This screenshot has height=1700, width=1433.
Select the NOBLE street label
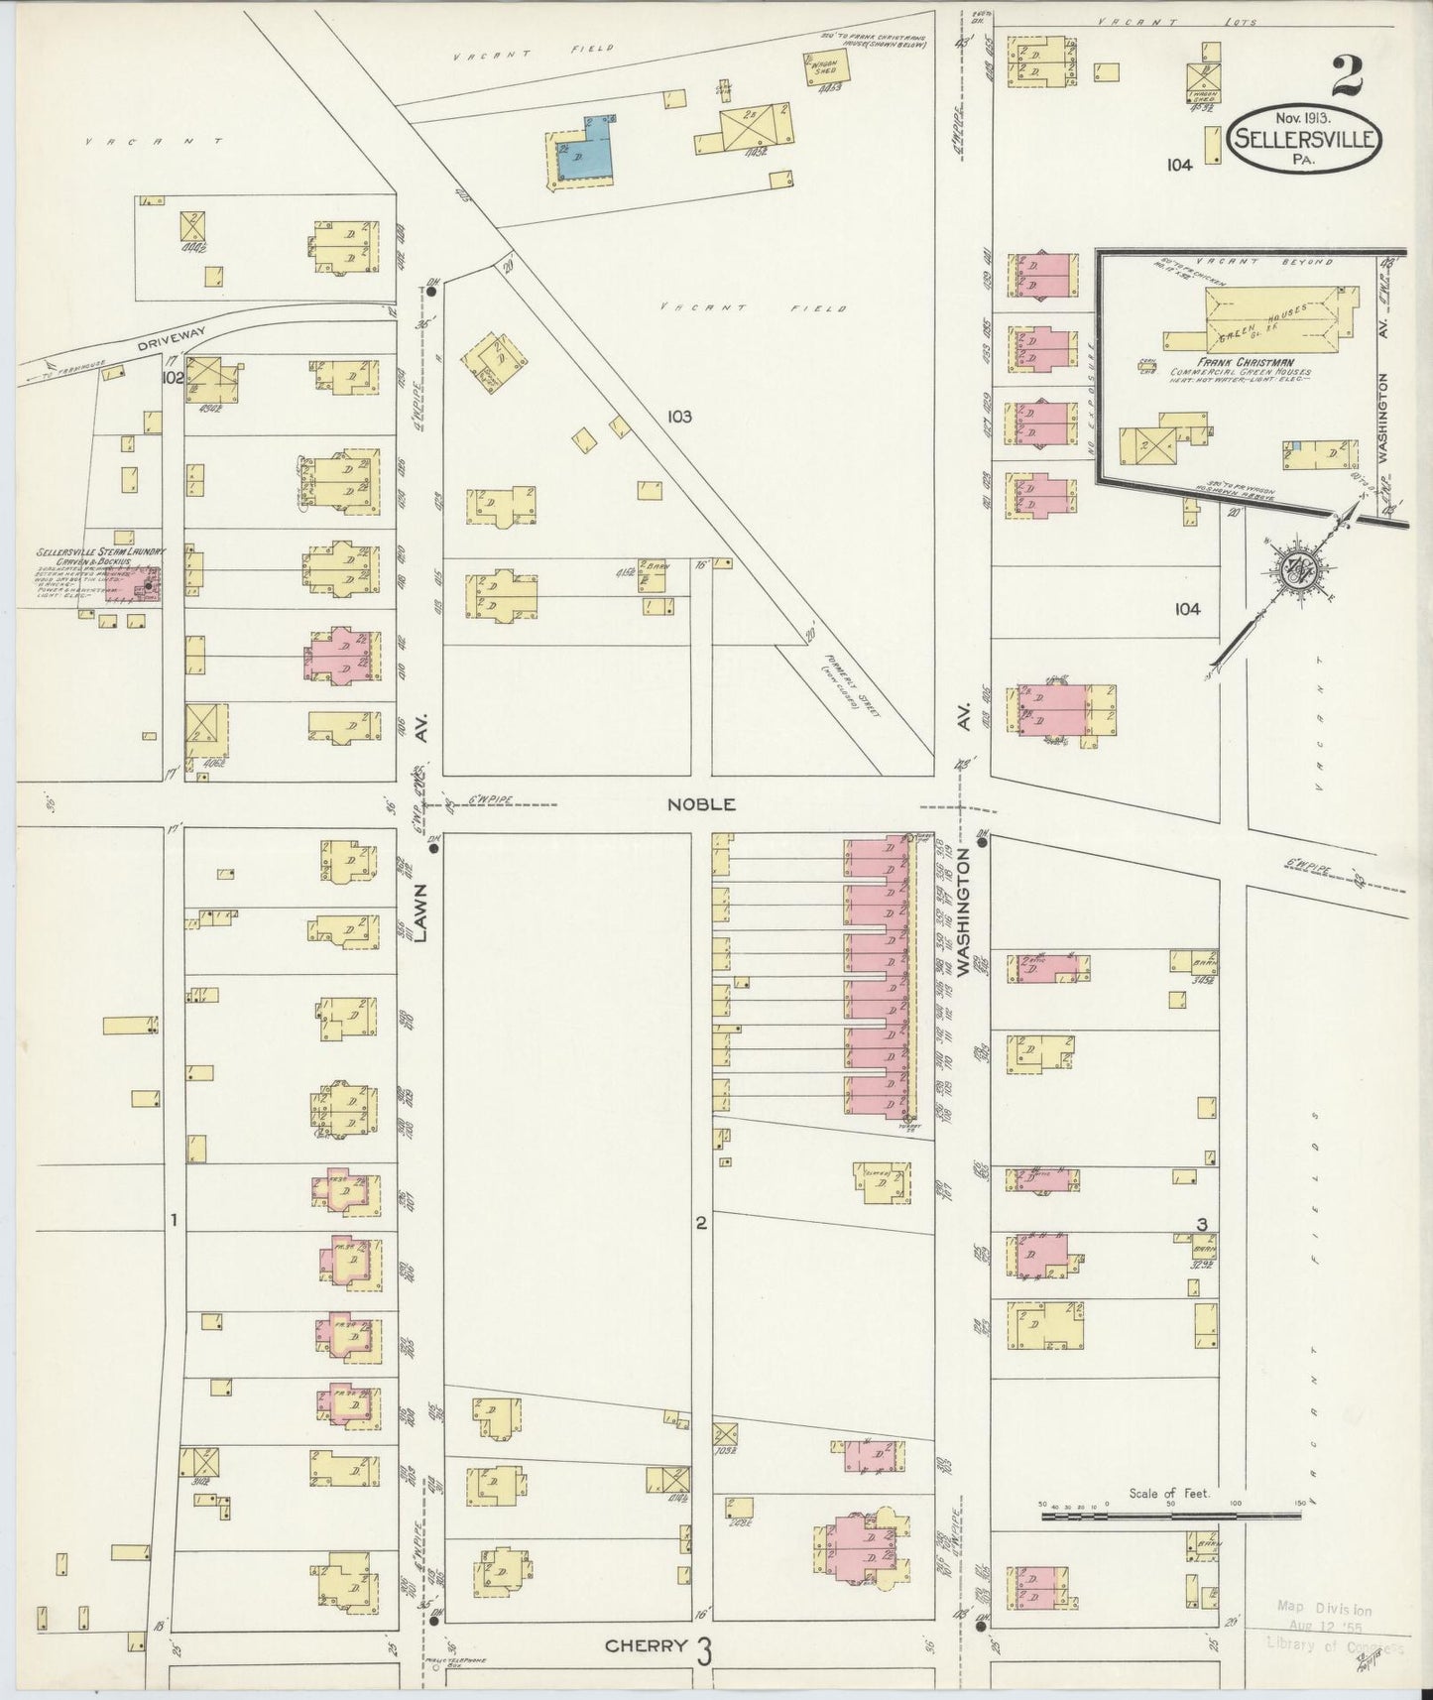click(x=701, y=804)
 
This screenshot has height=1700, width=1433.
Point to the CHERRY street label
click(x=647, y=1645)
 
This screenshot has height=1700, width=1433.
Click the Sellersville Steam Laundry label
click(x=100, y=551)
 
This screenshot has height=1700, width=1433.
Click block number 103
click(x=679, y=418)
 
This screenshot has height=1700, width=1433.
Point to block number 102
click(x=173, y=378)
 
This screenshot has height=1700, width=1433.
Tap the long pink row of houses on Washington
click(x=878, y=978)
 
